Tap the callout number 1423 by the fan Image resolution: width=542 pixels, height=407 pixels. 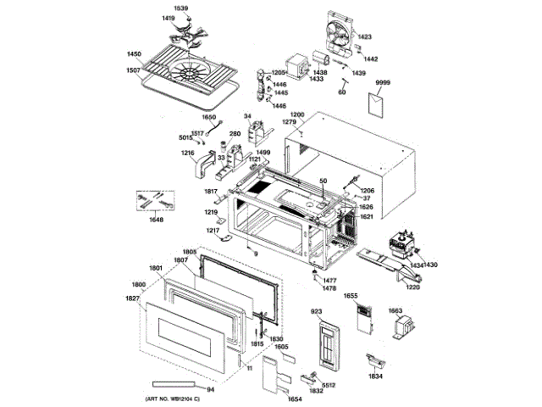point(365,37)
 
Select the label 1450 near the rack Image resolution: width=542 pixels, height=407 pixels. point(134,53)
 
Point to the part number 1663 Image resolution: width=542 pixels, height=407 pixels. point(395,310)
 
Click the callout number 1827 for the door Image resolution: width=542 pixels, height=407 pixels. point(131,298)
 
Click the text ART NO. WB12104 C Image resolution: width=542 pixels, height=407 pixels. point(167,398)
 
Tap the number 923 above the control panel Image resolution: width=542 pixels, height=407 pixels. point(317,313)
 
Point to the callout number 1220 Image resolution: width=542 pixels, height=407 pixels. point(412,288)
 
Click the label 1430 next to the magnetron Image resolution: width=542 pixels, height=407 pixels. point(431,265)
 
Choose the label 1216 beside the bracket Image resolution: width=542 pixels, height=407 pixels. point(187,153)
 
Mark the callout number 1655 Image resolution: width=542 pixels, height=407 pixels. point(351,297)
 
